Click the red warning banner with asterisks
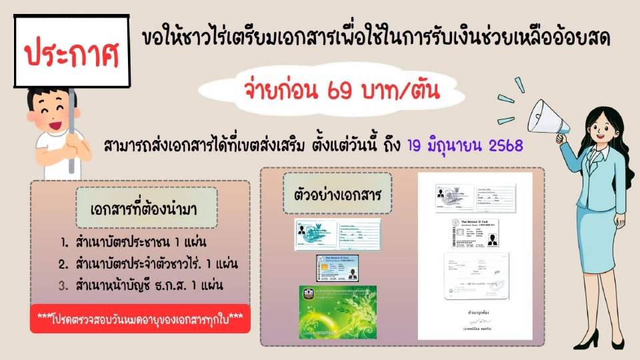[139, 317]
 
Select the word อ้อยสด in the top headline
[581, 39]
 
